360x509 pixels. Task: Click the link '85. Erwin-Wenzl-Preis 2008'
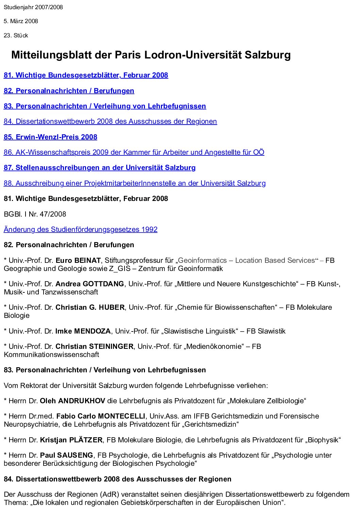tap(50, 137)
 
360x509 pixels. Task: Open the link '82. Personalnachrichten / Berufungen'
tap(69, 91)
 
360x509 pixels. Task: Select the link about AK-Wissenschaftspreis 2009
tap(134, 152)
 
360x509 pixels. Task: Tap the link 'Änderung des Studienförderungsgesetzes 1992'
tap(80, 230)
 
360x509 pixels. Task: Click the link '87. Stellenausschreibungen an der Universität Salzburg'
tap(99, 168)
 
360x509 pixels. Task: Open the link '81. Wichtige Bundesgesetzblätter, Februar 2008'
tap(86, 75)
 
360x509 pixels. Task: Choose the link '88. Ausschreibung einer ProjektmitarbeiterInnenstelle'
tap(134, 183)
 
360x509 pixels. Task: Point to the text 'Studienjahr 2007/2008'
tap(33, 7)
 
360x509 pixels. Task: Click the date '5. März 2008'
tap(21, 21)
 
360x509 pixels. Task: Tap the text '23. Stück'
tap(16, 35)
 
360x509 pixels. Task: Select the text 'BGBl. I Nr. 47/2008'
tap(35, 214)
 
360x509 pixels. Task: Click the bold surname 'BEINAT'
tap(87, 260)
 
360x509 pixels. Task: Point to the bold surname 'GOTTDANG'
tap(103, 284)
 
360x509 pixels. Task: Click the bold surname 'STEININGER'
tap(111, 346)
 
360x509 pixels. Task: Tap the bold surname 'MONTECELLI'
tap(121, 416)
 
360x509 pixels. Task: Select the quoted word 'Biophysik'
tap(323, 440)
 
